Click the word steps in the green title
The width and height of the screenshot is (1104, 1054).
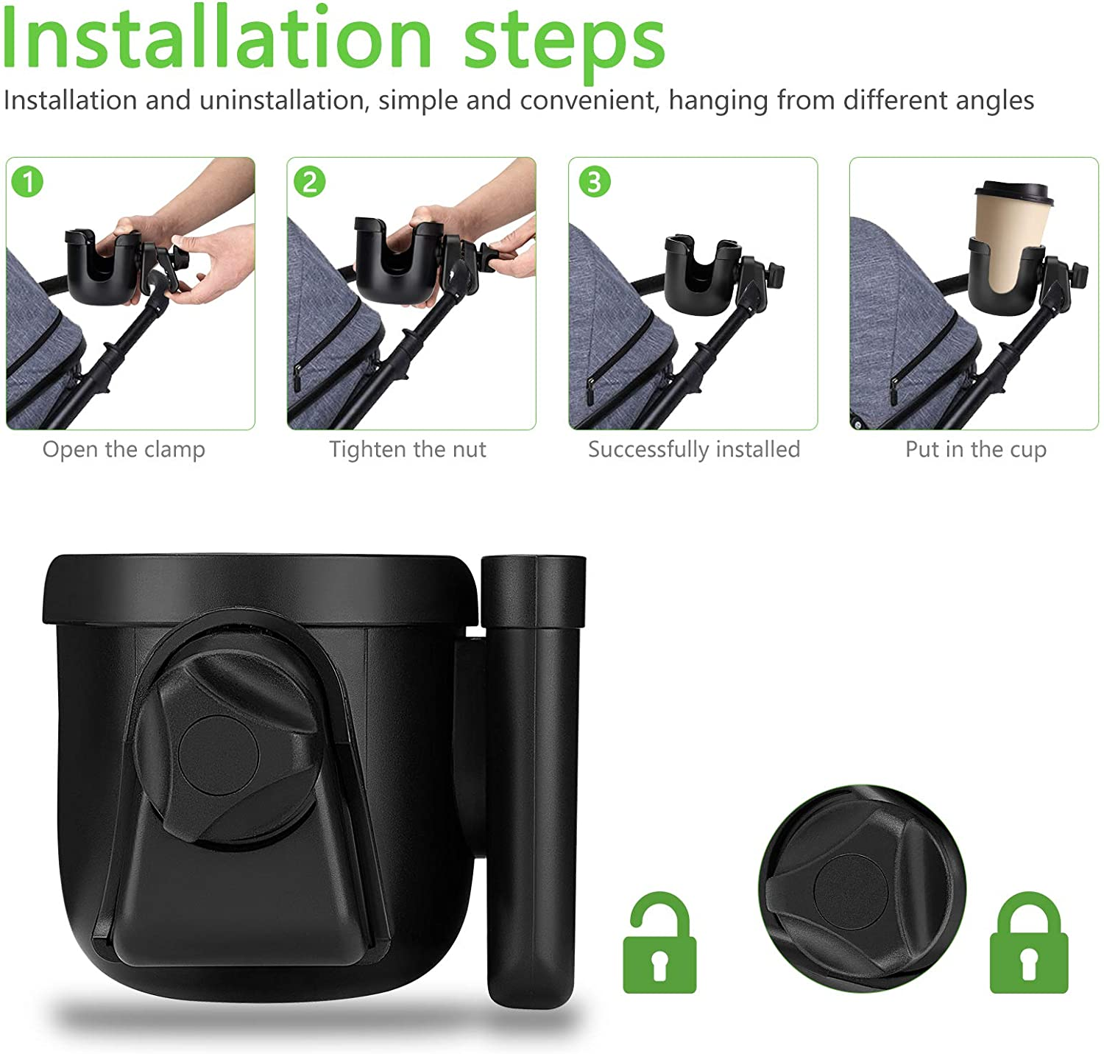565,43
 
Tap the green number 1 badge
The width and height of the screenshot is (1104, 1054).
29,182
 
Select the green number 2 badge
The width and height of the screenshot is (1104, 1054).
310,182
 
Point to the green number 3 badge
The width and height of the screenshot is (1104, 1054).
594,182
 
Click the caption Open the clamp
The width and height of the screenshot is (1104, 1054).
124,449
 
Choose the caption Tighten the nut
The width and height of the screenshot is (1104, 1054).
408,449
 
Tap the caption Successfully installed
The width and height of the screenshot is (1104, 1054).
693,449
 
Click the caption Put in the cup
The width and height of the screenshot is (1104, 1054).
975,449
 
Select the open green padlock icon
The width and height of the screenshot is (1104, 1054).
659,946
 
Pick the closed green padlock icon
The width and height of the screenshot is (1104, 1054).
1028,946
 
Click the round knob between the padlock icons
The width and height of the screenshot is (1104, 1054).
861,888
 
